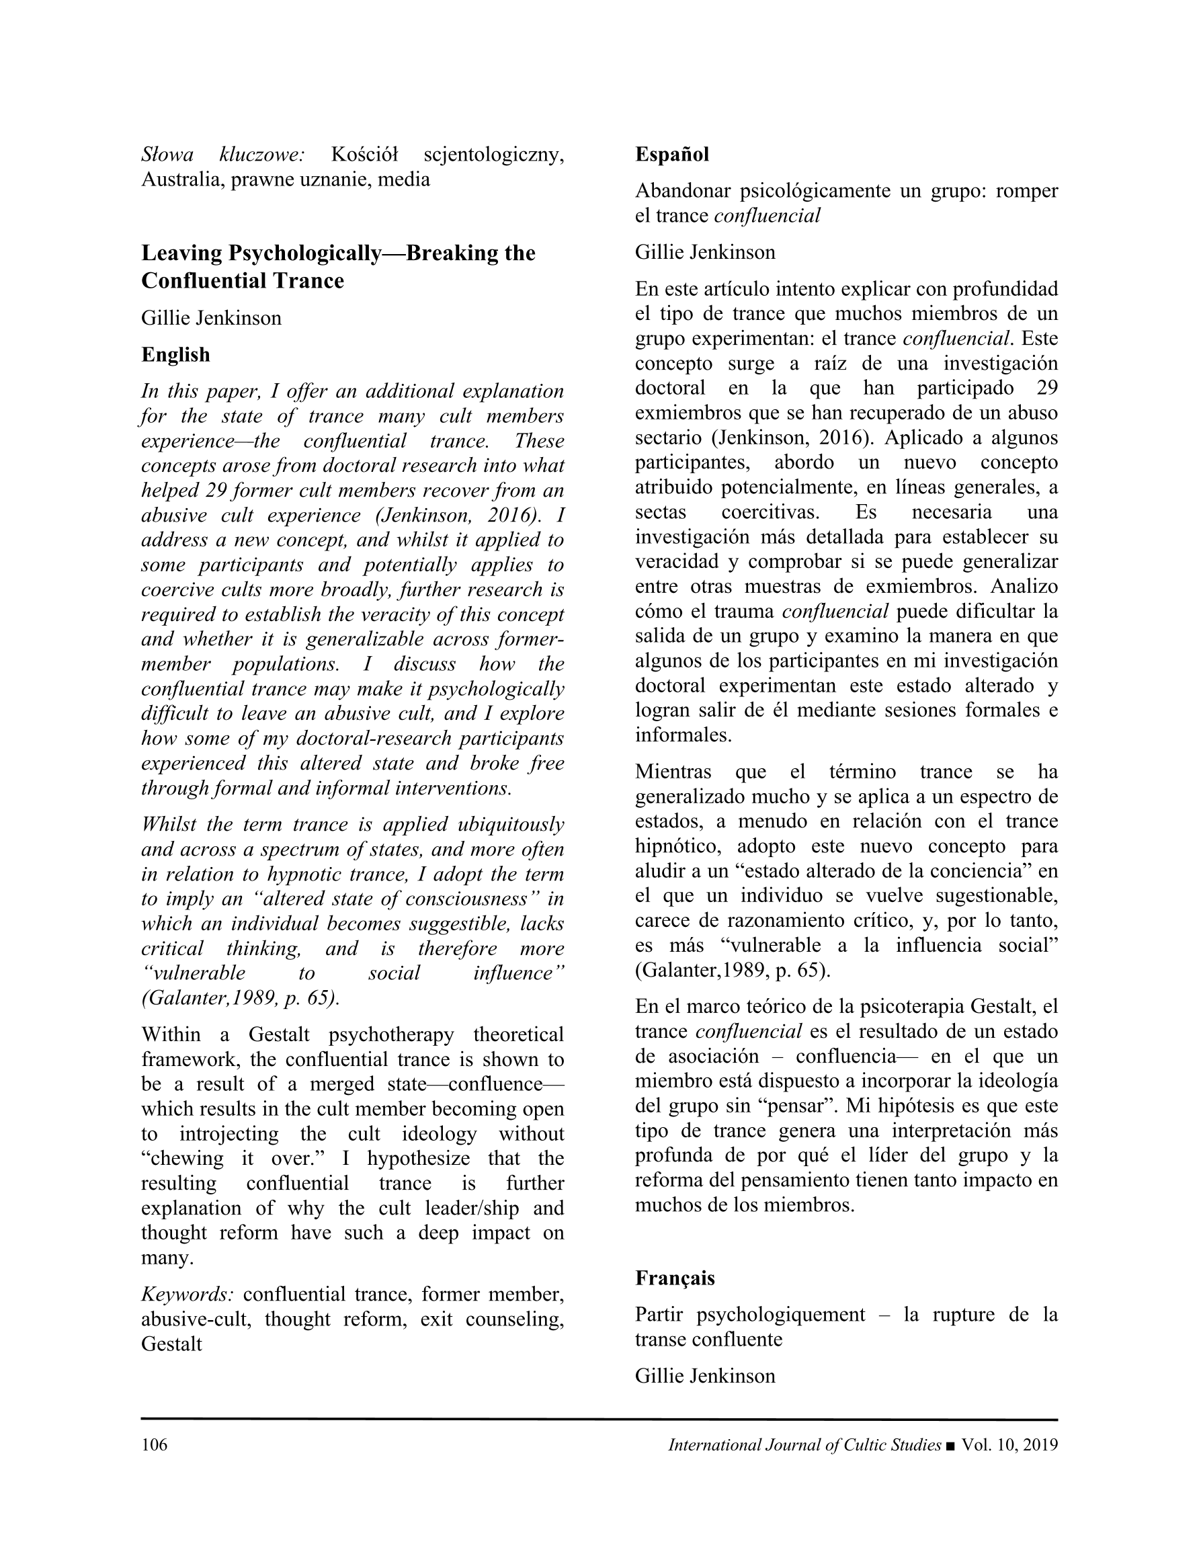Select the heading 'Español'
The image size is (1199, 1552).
[x=671, y=154]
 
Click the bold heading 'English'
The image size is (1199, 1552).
[x=175, y=355]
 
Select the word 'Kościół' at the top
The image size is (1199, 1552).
[x=364, y=154]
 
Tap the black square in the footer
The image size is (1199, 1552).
[x=951, y=1445]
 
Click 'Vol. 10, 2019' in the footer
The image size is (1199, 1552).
[x=1009, y=1444]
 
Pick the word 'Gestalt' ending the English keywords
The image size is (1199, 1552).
[x=171, y=1344]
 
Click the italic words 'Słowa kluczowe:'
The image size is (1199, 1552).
[x=223, y=154]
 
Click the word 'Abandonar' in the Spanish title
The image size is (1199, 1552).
[x=682, y=190]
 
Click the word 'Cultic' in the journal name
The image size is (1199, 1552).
[x=865, y=1444]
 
